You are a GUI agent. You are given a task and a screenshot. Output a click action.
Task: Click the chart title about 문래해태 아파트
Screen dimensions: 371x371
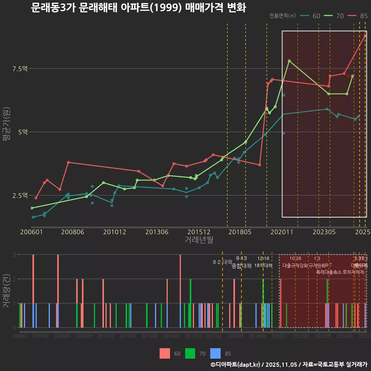(x=138, y=8)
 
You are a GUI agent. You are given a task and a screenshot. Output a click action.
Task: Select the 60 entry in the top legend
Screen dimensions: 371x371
(x=316, y=16)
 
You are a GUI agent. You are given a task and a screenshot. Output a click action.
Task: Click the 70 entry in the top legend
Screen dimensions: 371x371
(x=340, y=16)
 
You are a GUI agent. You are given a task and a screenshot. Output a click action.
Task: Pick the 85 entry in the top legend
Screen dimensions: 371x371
(x=363, y=16)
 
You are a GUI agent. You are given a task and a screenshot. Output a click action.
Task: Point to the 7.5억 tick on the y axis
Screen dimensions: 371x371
(x=20, y=69)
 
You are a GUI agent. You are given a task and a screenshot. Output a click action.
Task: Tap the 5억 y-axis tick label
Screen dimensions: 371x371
(x=22, y=132)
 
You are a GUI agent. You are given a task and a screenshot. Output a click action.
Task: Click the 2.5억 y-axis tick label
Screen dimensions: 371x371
(x=20, y=196)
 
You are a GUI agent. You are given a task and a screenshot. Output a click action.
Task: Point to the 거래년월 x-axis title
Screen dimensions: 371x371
(x=199, y=240)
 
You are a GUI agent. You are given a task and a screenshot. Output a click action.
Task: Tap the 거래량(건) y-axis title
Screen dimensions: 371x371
(x=6, y=291)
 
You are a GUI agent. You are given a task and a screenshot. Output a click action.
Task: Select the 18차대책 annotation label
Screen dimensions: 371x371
(x=263, y=265)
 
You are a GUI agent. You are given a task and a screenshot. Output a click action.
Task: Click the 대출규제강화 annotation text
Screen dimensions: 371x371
(x=295, y=265)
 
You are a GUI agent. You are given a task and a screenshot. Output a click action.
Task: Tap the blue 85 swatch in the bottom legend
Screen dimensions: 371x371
(x=215, y=353)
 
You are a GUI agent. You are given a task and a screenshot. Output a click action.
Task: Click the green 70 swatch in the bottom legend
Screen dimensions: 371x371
(x=190, y=353)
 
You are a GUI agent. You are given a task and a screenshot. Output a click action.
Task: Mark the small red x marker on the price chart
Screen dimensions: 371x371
(x=348, y=76)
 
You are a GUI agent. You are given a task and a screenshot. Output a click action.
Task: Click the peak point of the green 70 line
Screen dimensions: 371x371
(x=289, y=61)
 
